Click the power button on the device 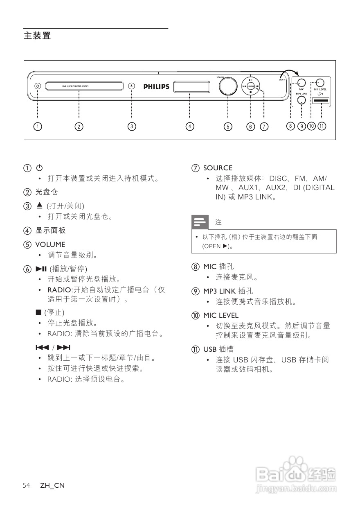[38, 86]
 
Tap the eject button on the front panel [131, 86]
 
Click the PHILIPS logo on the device [156, 86]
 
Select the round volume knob [228, 86]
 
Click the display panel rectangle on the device [189, 87]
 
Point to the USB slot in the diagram [322, 100]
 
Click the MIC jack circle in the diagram [301, 82]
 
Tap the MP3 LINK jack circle [301, 100]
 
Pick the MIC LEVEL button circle [320, 82]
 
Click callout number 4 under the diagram [189, 127]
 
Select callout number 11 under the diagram [322, 126]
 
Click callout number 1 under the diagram [38, 127]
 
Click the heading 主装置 [37, 36]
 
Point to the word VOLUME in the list [50, 244]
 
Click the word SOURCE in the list [218, 168]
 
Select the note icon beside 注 [200, 222]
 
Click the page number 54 [27, 486]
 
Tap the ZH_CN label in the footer [52, 486]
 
